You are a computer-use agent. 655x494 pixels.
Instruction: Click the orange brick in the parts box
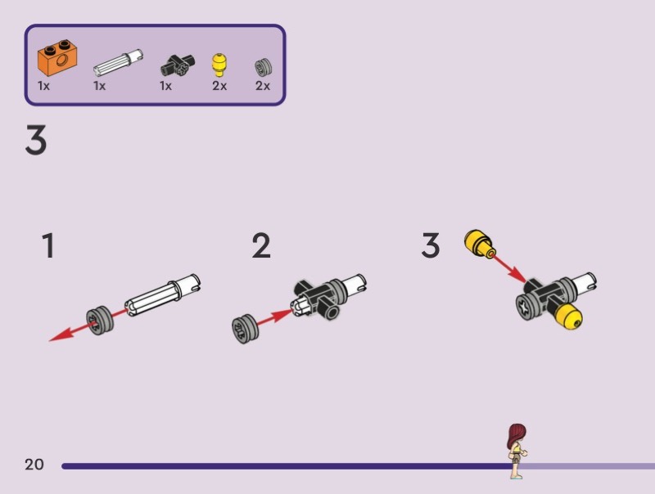56,58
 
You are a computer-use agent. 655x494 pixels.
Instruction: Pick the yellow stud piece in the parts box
219,64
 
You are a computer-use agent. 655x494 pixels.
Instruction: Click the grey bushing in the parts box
263,66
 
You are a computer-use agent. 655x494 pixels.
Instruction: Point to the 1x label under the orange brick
44,85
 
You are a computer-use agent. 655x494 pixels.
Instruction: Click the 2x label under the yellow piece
219,85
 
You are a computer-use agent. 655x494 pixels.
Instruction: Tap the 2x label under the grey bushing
263,85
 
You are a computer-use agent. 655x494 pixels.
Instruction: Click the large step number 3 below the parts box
36,141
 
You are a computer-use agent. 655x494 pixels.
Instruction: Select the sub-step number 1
49,245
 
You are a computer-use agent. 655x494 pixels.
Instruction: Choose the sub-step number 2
261,245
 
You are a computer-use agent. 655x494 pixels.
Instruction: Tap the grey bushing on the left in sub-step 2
243,328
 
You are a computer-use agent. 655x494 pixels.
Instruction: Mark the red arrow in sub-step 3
509,267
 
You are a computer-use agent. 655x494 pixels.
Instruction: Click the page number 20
34,465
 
